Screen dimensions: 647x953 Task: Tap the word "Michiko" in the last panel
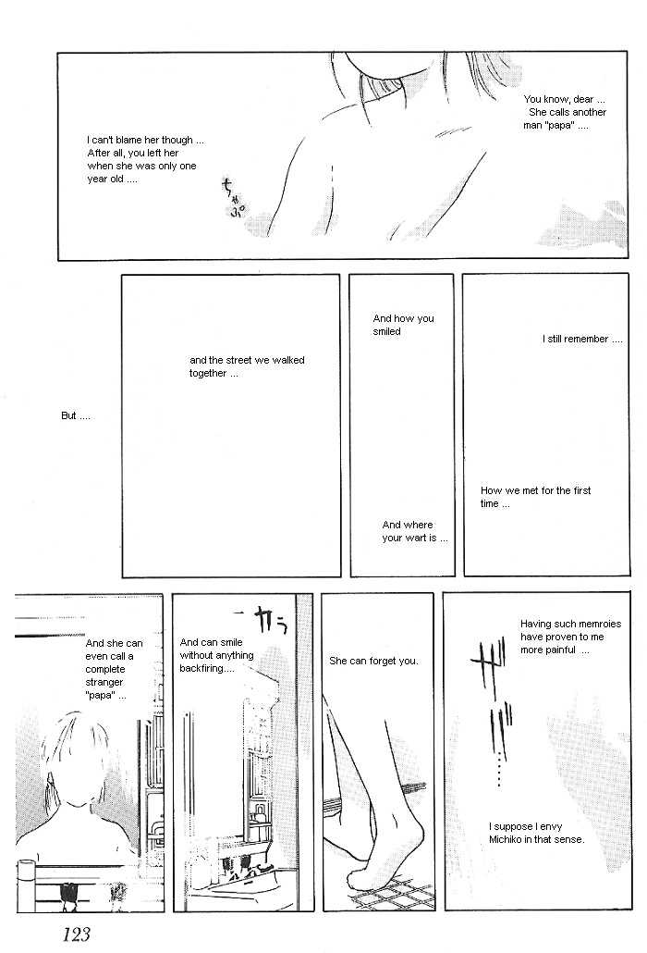click(x=507, y=839)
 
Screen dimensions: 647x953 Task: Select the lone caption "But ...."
click(x=75, y=415)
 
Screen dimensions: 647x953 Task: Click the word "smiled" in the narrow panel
click(x=386, y=331)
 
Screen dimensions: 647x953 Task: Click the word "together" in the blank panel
click(x=208, y=373)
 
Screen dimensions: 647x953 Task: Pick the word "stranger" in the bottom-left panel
click(x=104, y=682)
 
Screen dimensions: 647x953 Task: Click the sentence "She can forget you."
click(x=374, y=661)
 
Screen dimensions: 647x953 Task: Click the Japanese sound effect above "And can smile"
click(x=259, y=620)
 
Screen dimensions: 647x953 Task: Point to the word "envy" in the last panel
click(x=551, y=826)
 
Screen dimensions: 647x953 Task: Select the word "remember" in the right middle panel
click(x=586, y=340)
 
